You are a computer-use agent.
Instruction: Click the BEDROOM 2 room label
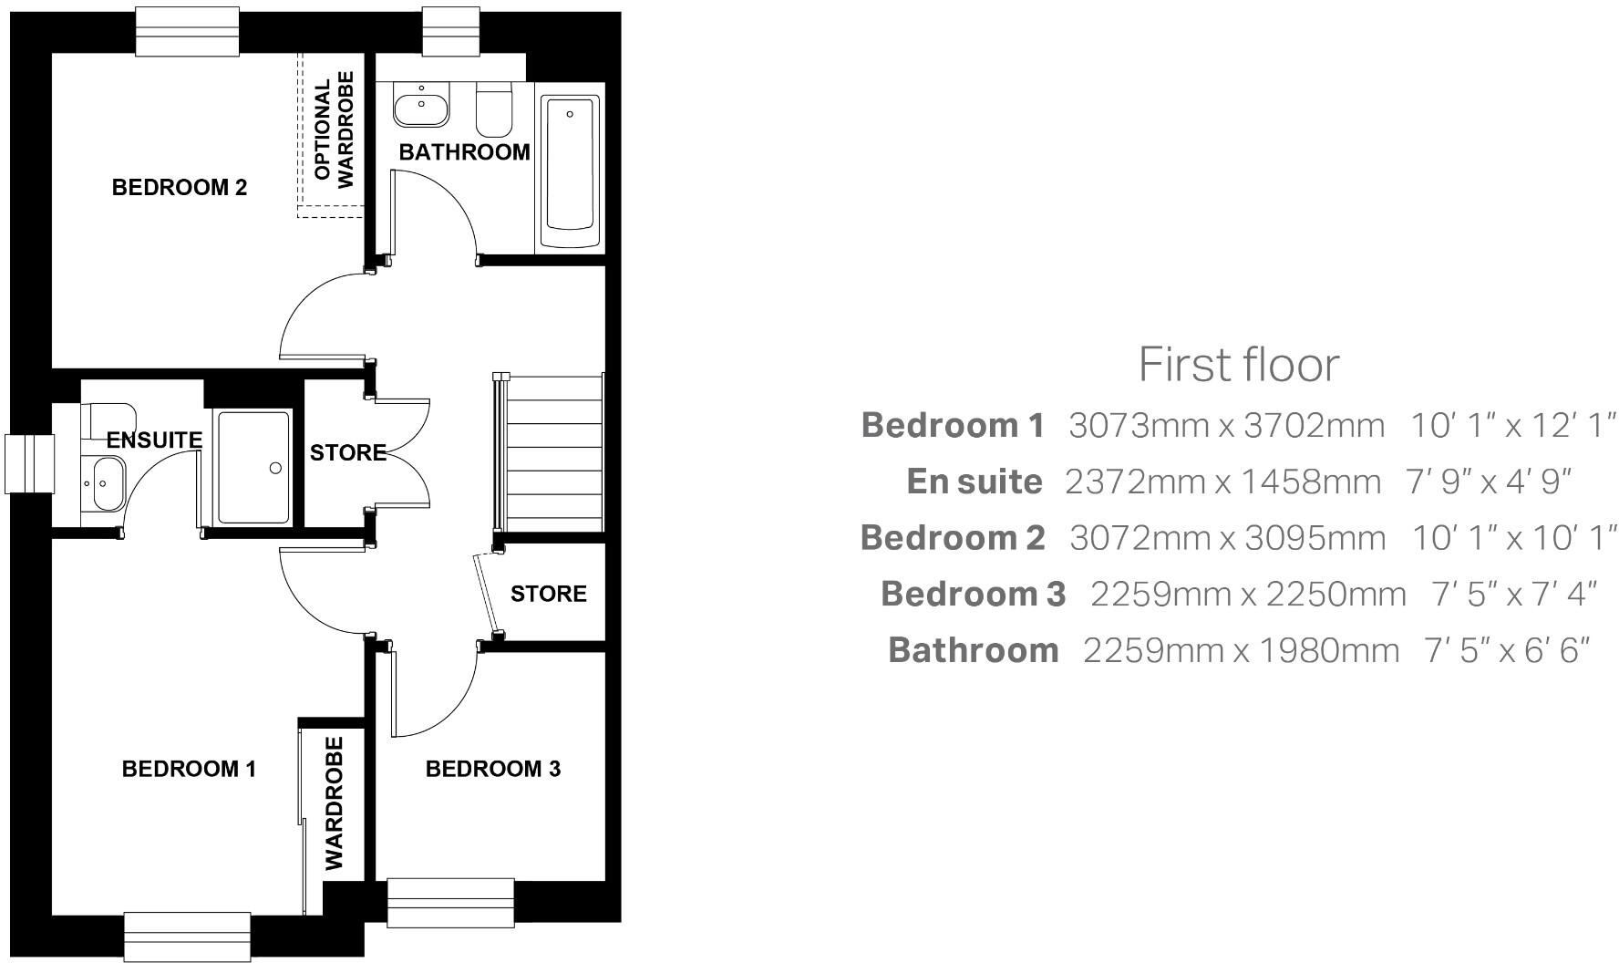[179, 188]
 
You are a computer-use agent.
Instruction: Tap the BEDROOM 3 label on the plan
[492, 770]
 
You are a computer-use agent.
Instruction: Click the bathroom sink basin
[421, 105]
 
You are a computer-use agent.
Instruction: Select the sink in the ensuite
[107, 482]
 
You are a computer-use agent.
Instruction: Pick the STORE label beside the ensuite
[347, 453]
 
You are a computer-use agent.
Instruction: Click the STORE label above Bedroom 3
[548, 595]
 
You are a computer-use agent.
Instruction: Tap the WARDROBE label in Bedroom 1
[335, 803]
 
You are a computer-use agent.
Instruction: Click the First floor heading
[1239, 366]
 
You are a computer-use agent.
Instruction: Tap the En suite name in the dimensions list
[974, 482]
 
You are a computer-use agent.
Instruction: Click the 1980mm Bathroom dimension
[1330, 651]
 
